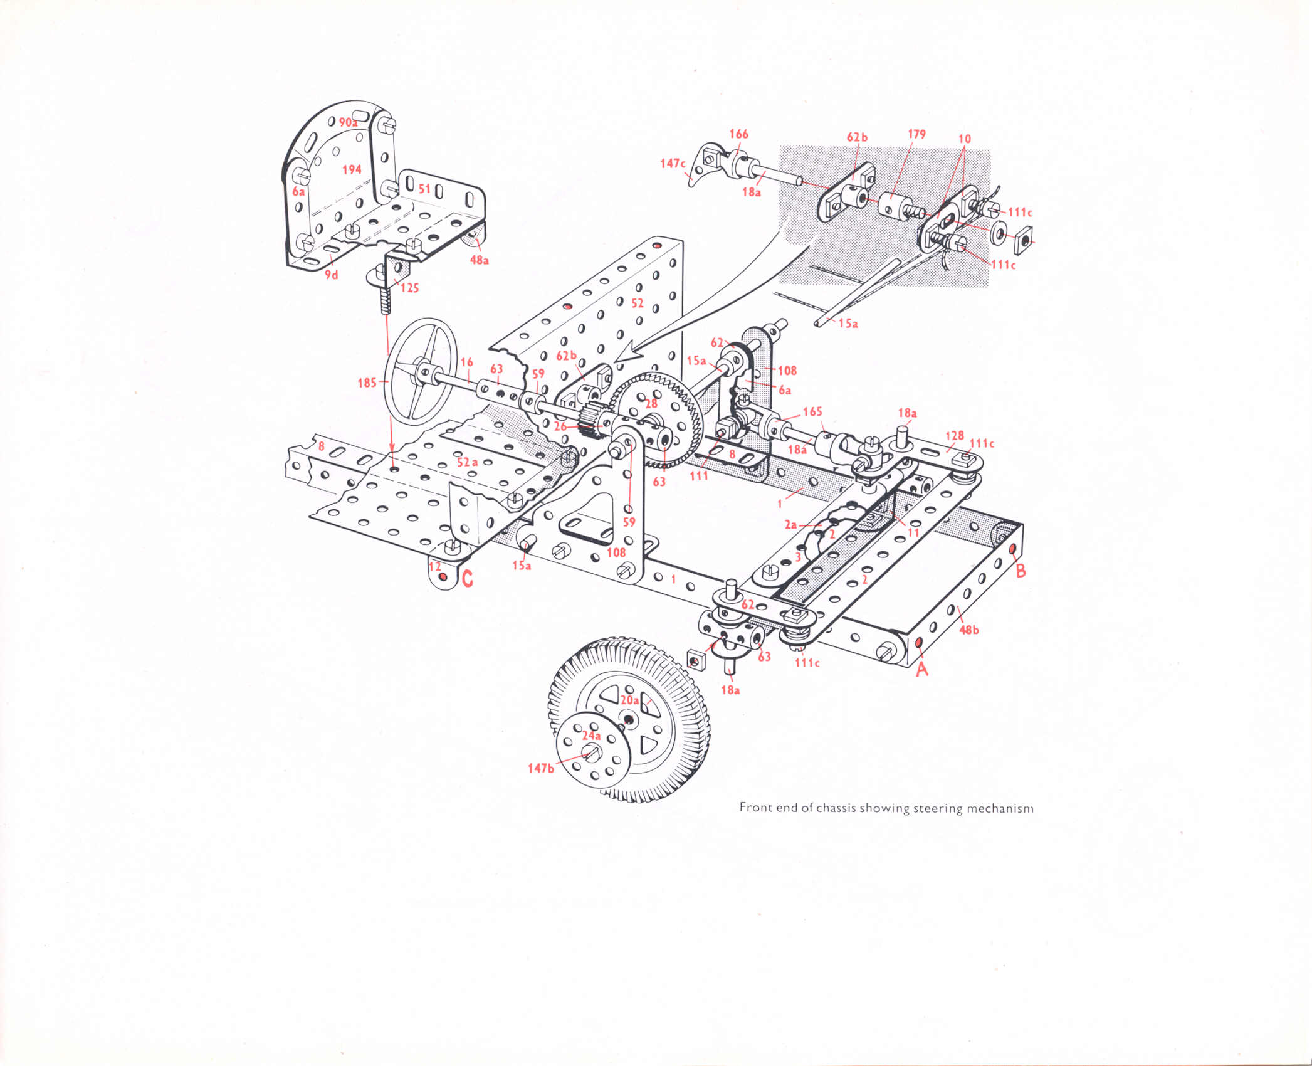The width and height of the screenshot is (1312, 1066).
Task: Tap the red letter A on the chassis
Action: (921, 669)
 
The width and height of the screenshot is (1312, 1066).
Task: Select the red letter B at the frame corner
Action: (1021, 570)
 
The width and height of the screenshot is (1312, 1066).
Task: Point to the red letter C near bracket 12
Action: (467, 579)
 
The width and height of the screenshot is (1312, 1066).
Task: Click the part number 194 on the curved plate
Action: (352, 169)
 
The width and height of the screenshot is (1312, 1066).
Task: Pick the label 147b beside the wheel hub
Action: (540, 768)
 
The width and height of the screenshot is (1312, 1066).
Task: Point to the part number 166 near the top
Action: (738, 134)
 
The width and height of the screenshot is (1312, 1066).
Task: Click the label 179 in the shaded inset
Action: (916, 134)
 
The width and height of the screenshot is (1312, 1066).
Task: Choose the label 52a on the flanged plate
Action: (467, 462)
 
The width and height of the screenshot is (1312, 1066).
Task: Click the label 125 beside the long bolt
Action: (409, 288)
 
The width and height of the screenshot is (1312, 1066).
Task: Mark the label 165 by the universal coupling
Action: (812, 411)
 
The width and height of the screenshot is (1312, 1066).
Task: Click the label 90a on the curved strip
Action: (348, 122)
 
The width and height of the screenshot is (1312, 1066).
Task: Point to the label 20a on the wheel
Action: (629, 700)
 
